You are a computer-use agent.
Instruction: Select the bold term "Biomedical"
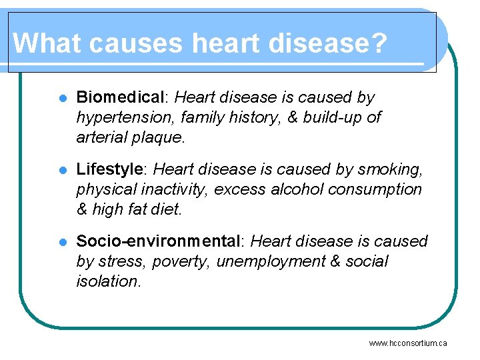point(120,97)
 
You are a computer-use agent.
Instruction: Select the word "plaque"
point(159,137)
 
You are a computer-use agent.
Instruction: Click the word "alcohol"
point(298,189)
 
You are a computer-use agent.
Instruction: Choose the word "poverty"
point(182,261)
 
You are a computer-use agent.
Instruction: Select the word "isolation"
point(108,281)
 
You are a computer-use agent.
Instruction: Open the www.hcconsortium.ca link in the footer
point(407,343)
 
